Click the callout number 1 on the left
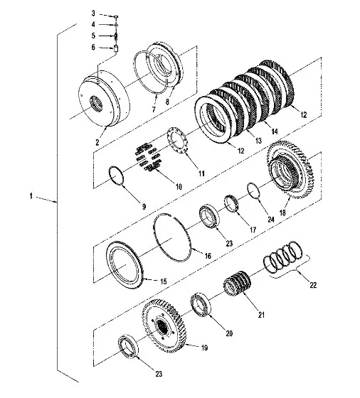(x=31, y=195)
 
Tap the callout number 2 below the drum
(x=97, y=142)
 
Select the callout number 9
(x=144, y=207)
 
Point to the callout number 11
(x=201, y=173)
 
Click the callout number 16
(x=208, y=256)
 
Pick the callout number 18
(x=282, y=213)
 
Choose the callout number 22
(x=313, y=285)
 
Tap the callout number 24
(x=271, y=220)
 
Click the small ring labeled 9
(x=117, y=176)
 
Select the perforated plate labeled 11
(x=177, y=141)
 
